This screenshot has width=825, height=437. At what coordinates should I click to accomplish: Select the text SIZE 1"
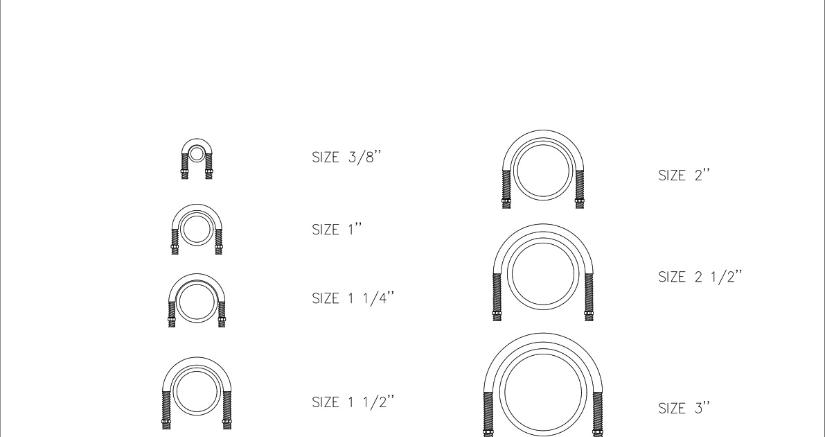pyautogui.click(x=339, y=230)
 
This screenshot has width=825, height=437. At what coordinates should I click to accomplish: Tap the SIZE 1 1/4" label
pyautogui.click(x=355, y=298)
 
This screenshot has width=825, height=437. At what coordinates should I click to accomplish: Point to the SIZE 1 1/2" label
pyautogui.click(x=355, y=403)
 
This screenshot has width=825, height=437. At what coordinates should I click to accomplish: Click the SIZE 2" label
pyautogui.click(x=684, y=176)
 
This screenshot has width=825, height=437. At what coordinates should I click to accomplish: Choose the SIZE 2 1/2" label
pyautogui.click(x=700, y=277)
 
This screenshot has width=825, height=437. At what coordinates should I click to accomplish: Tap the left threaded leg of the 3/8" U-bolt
pyautogui.click(x=184, y=170)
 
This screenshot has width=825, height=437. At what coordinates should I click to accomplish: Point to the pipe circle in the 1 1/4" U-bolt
pyautogui.click(x=196, y=301)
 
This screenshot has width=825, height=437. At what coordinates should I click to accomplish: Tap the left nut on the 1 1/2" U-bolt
pyautogui.click(x=166, y=420)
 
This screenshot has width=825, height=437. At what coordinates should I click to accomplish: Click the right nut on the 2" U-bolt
pyautogui.click(x=580, y=203)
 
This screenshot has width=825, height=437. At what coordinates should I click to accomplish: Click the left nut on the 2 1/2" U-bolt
pyautogui.click(x=497, y=314)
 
